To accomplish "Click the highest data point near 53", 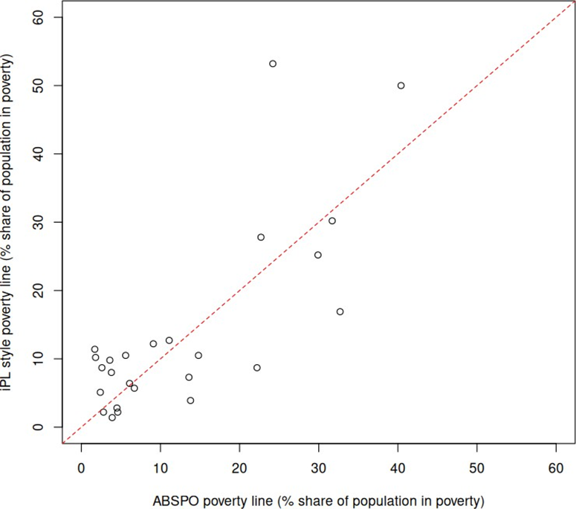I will [x=273, y=64].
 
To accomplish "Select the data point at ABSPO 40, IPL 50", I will [x=401, y=85].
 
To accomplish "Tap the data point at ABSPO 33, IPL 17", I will [x=340, y=311].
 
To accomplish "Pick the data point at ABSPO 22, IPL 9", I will [x=257, y=368].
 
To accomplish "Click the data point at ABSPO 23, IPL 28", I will [x=261, y=237].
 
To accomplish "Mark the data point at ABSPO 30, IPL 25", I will [x=318, y=255].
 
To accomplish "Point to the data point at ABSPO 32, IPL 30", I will [x=332, y=221].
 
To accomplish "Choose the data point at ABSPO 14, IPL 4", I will [x=190, y=401].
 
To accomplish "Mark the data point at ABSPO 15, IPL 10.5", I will [x=198, y=355].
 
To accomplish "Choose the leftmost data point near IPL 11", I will [x=94, y=349].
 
